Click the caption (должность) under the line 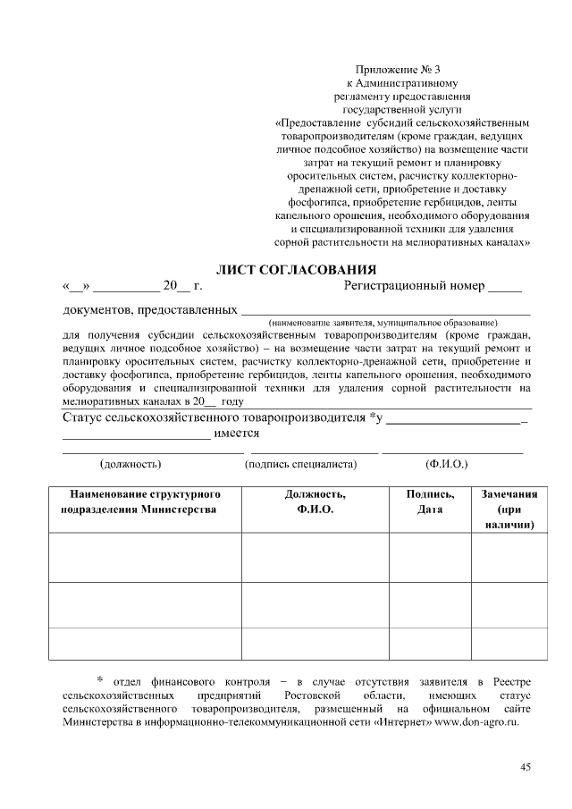[x=130, y=464]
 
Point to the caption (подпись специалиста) [x=300, y=464]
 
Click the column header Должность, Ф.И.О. [x=315, y=501]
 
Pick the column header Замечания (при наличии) [x=509, y=510]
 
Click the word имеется [x=237, y=434]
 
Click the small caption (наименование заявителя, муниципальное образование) [x=383, y=321]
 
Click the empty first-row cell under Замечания [x=509, y=558]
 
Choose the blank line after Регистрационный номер [x=505, y=289]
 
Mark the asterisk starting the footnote [x=100, y=682]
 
